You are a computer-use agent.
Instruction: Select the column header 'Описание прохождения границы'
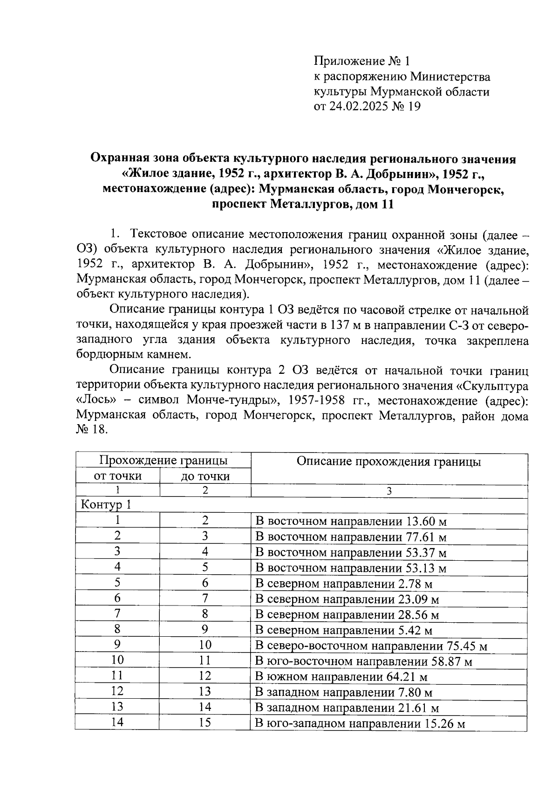[389, 462]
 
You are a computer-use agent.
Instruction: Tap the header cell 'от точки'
[117, 476]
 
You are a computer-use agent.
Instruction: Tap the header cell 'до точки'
[205, 476]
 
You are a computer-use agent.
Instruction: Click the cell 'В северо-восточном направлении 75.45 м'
[371, 647]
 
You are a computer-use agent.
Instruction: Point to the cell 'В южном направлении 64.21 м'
[341, 677]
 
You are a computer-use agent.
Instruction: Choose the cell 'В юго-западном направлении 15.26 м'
[361, 724]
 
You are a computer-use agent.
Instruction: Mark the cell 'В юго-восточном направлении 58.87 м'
[363, 662]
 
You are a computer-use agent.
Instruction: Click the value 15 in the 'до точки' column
[205, 723]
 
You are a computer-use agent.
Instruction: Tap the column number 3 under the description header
[389, 491]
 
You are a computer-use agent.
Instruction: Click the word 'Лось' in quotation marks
[96, 401]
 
